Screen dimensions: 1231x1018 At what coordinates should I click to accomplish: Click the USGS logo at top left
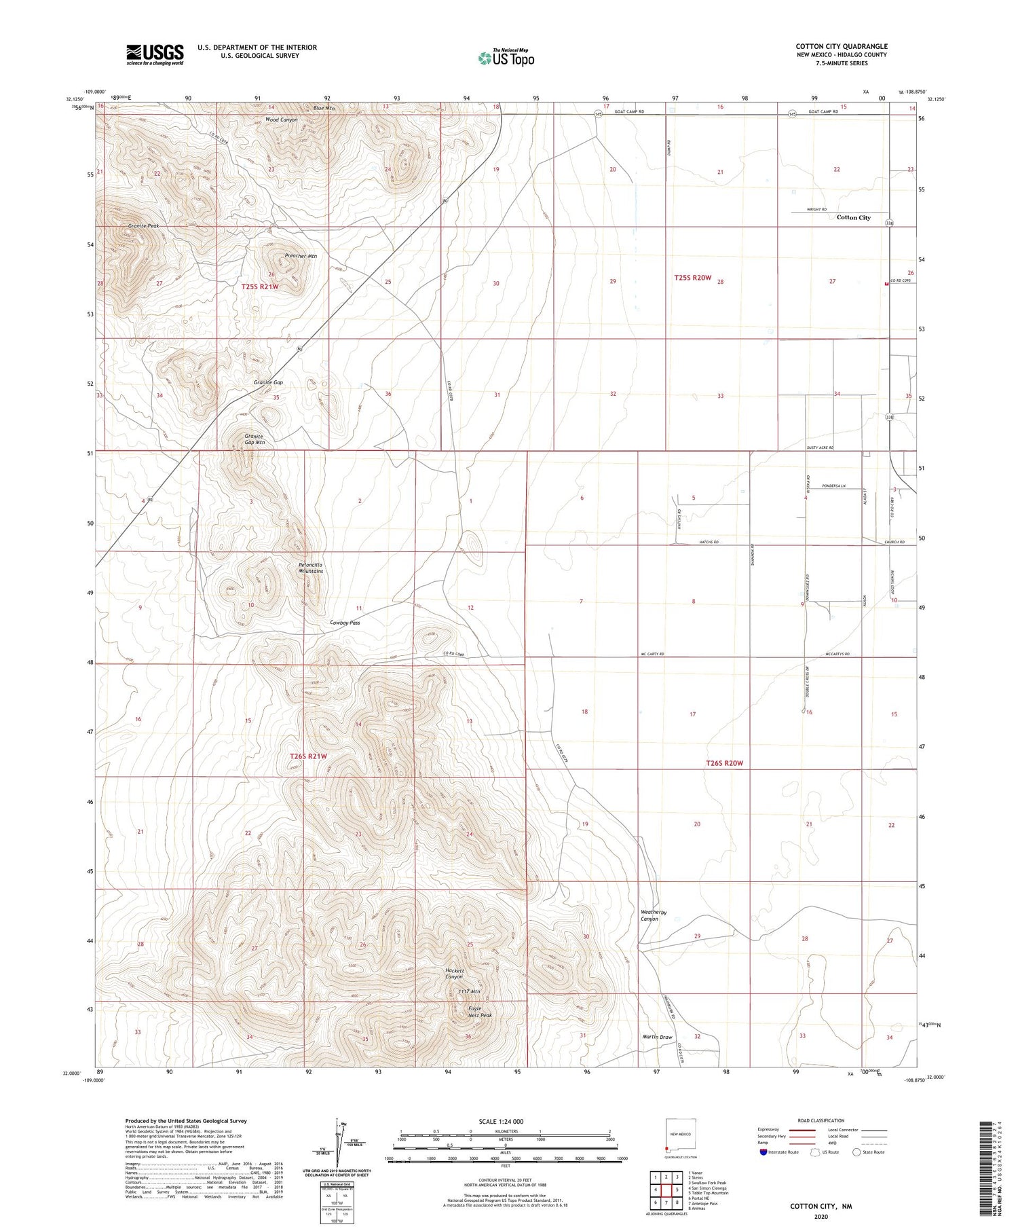(x=155, y=54)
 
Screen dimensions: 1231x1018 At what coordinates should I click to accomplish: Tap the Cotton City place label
(x=853, y=217)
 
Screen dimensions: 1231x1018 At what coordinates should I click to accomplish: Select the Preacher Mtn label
(x=301, y=256)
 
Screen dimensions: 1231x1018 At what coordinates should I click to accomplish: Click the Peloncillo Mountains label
(x=311, y=568)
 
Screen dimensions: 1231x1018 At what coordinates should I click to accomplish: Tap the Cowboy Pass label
(x=345, y=622)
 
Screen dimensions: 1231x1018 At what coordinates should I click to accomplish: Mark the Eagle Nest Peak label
(x=480, y=1012)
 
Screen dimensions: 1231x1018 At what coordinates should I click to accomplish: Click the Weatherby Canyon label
(x=654, y=915)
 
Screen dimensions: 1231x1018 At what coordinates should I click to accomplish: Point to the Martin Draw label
(x=657, y=1037)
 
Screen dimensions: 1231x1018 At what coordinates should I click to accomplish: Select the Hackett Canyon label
(x=454, y=974)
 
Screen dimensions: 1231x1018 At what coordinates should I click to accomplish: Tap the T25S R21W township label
(x=260, y=287)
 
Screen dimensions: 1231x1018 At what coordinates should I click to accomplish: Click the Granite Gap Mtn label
(x=254, y=439)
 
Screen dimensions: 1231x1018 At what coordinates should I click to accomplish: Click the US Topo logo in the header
(x=506, y=58)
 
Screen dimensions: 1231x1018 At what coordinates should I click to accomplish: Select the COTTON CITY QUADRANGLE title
(x=842, y=46)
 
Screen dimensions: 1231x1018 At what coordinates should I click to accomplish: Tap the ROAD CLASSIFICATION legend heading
(x=821, y=1120)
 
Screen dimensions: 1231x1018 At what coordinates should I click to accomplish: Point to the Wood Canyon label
(x=281, y=120)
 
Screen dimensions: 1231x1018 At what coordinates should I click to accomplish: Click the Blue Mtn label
(x=324, y=108)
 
